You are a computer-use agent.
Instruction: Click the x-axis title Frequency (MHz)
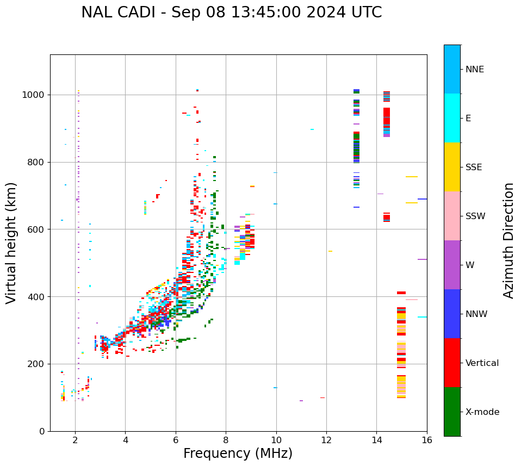point(238,453)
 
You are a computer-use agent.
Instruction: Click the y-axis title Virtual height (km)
point(11,243)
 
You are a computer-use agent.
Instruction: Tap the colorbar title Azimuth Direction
point(508,240)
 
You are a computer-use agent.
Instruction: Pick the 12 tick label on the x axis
point(326,440)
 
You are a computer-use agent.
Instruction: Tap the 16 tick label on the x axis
point(427,440)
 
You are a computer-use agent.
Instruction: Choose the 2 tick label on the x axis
point(75,440)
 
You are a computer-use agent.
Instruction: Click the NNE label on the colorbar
point(474,70)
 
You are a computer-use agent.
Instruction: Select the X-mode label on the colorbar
point(482,412)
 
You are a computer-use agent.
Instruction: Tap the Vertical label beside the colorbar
point(482,363)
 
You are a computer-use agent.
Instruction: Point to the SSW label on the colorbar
point(475,216)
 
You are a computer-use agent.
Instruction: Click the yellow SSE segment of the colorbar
point(452,167)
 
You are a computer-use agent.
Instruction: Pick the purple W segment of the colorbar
point(452,265)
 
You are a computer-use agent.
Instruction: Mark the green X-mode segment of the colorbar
point(452,412)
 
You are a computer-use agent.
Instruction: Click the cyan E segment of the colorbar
point(452,118)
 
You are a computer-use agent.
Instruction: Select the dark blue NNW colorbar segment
point(452,314)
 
